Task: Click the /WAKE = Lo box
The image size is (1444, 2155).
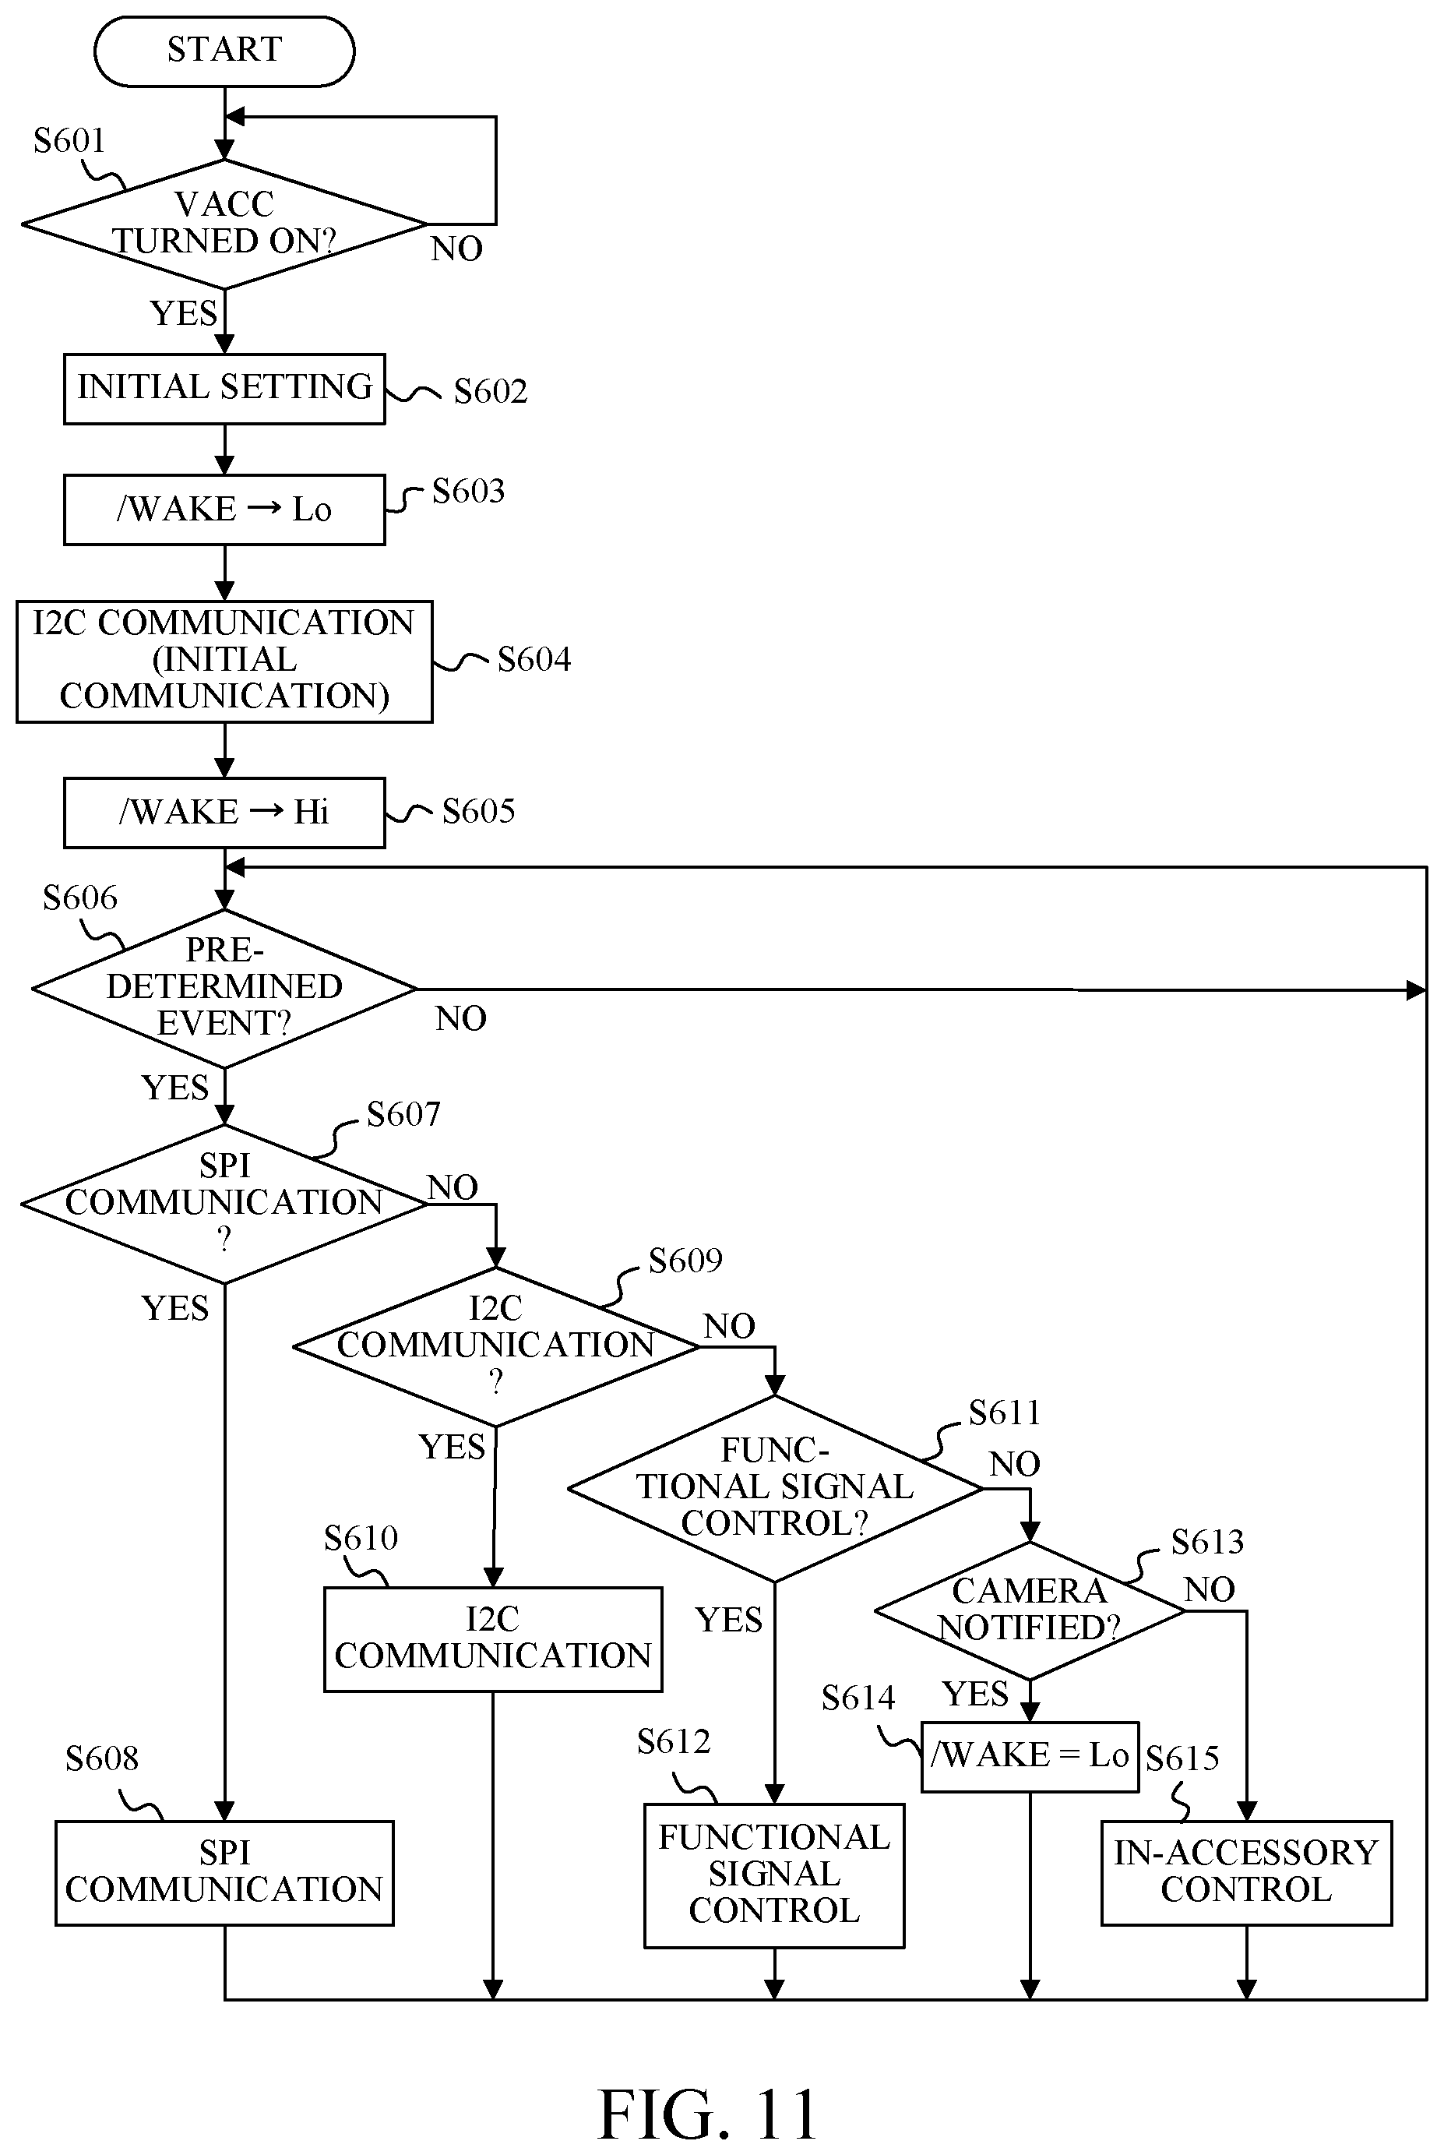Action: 1030,1756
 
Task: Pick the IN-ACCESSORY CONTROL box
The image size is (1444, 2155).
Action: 1246,1872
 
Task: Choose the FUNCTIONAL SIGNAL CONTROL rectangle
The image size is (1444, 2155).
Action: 774,1875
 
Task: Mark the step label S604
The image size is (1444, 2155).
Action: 534,659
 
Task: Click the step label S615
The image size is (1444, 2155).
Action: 1182,1758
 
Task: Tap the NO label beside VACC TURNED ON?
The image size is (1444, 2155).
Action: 456,249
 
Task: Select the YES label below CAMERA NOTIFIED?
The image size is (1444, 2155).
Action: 975,1694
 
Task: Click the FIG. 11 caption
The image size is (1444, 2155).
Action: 708,2114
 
